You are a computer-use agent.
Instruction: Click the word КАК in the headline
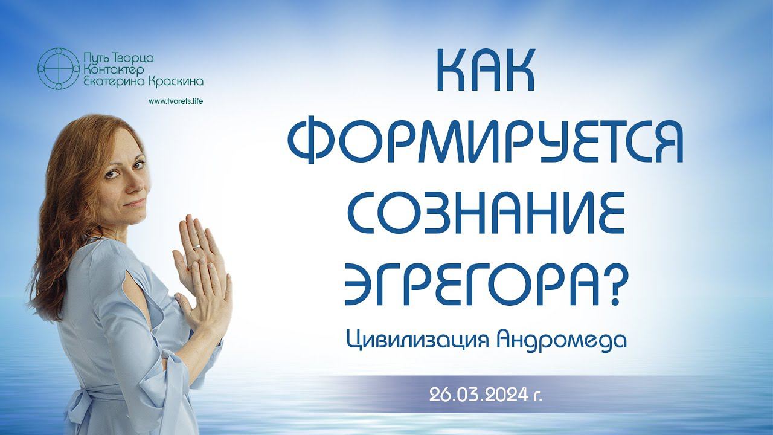coord(486,71)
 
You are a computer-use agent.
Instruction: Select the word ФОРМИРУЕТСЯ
coord(485,141)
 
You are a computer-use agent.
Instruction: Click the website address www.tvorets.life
coord(176,101)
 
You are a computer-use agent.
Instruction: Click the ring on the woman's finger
coord(196,246)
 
